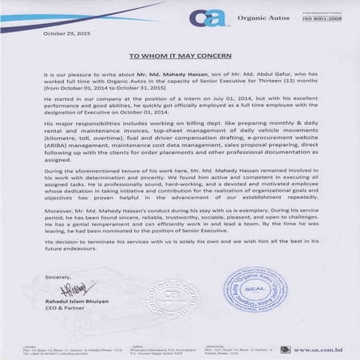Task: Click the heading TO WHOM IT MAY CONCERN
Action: tap(180, 57)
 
